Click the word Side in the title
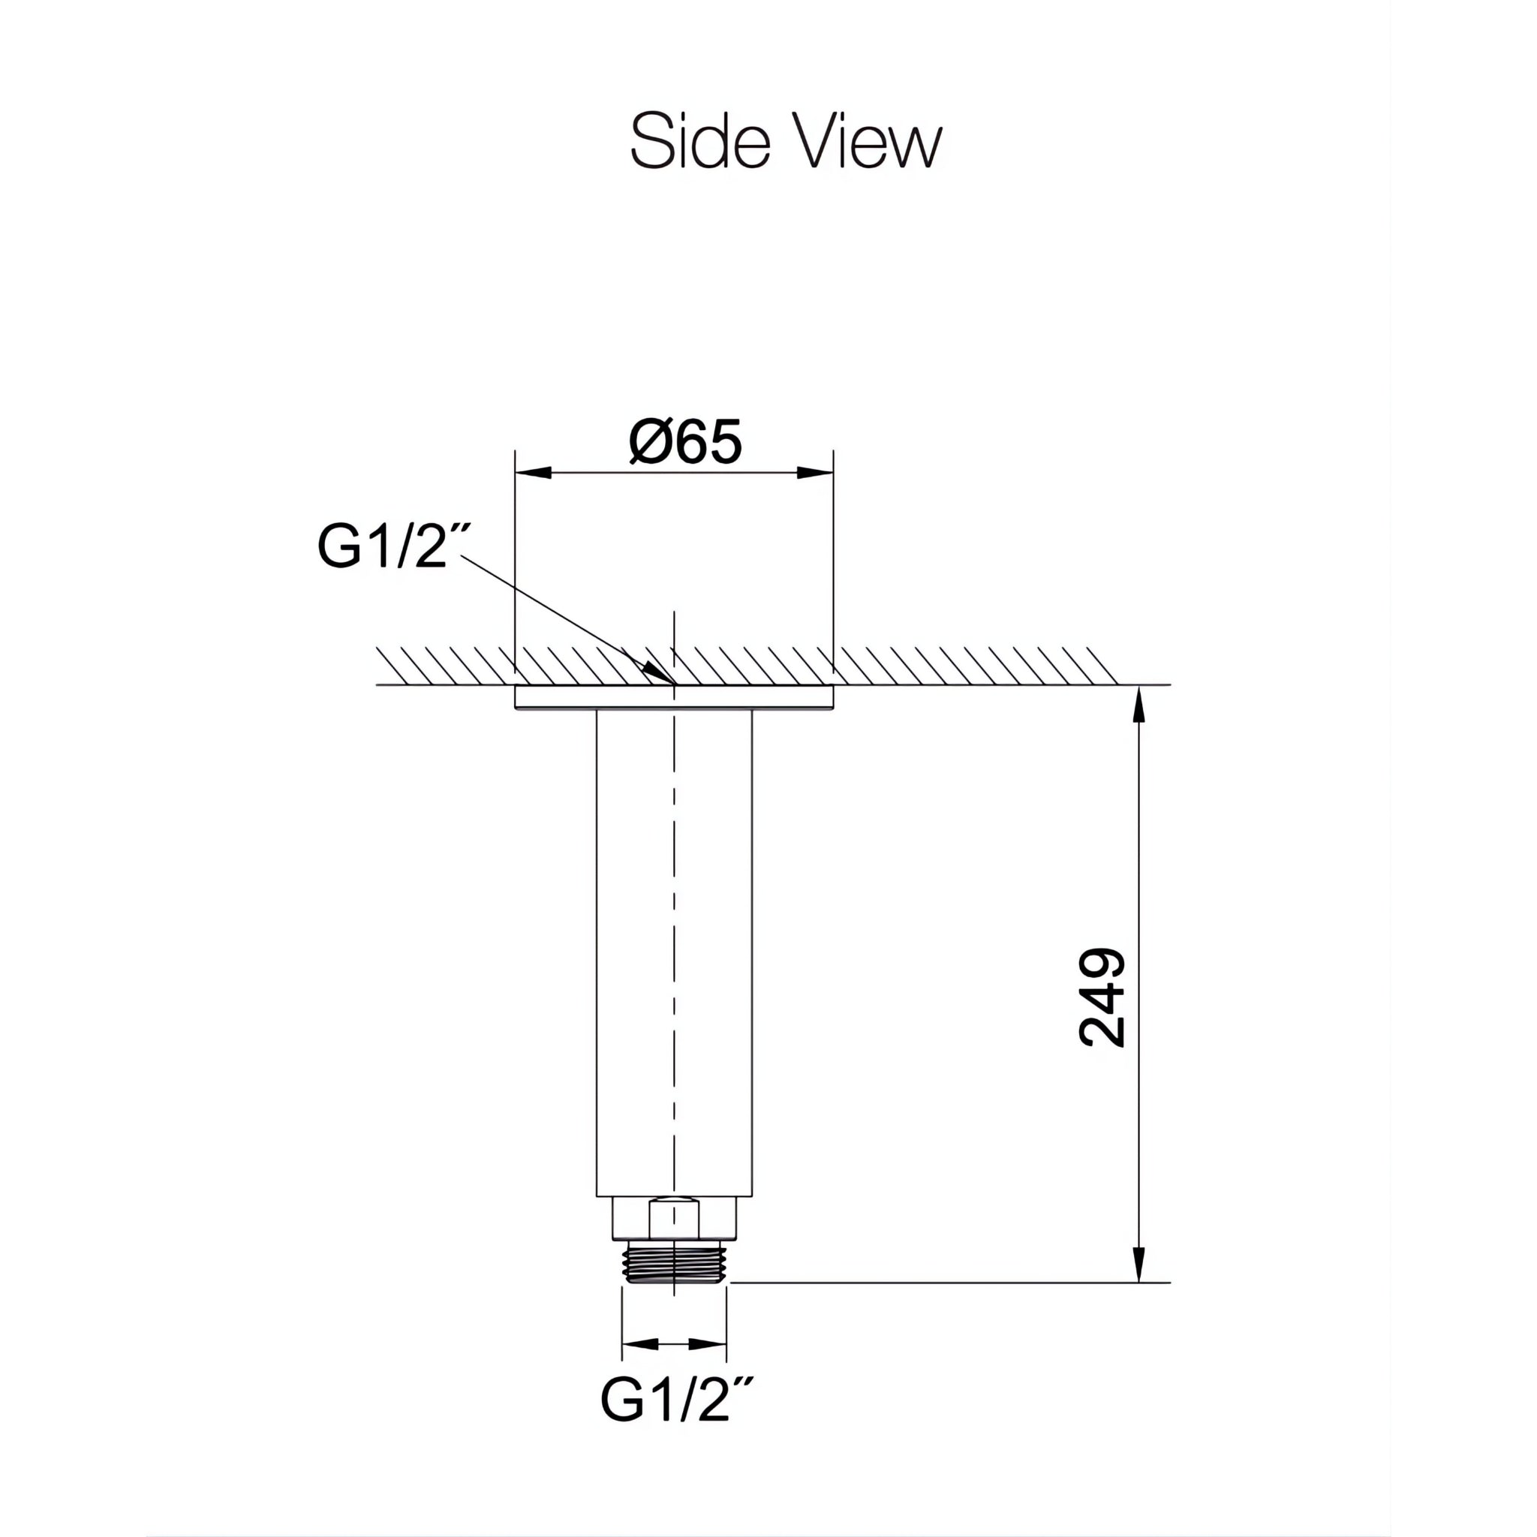tap(700, 142)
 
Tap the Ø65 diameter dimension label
tap(685, 442)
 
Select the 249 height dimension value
tap(1102, 997)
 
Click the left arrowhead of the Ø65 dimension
tap(533, 473)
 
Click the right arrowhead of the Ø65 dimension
tap(816, 473)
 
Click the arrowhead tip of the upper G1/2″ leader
tap(666, 679)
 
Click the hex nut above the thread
tap(674, 1219)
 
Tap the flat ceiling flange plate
tap(674, 697)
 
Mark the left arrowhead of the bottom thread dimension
tap(639, 1344)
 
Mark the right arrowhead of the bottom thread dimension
tap(708, 1344)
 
